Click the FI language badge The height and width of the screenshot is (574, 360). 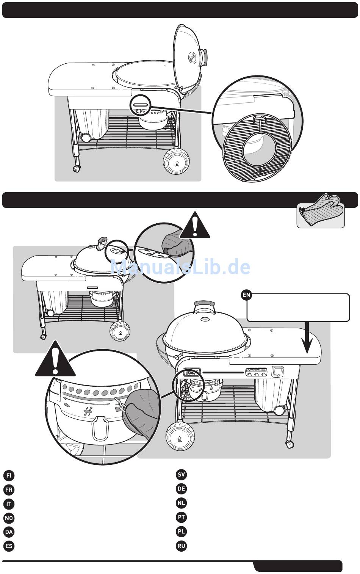click(9, 475)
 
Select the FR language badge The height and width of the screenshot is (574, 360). click(9, 489)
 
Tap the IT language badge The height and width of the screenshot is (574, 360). click(9, 504)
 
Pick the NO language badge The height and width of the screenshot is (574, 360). click(9, 518)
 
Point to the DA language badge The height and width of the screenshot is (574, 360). click(9, 532)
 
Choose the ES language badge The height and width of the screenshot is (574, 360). click(9, 546)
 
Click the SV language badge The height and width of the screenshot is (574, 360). click(182, 475)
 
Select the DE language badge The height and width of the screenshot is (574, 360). click(182, 489)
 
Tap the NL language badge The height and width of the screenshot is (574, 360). click(182, 503)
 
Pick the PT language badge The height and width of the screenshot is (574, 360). click(182, 517)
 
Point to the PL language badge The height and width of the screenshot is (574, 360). click(182, 532)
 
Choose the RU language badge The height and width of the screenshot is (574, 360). click(182, 546)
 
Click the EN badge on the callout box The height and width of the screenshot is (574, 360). click(246, 295)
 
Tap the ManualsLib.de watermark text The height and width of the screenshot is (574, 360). click(180, 267)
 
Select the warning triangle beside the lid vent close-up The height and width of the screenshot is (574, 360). click(195, 226)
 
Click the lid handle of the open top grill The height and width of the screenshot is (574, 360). click(204, 56)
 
